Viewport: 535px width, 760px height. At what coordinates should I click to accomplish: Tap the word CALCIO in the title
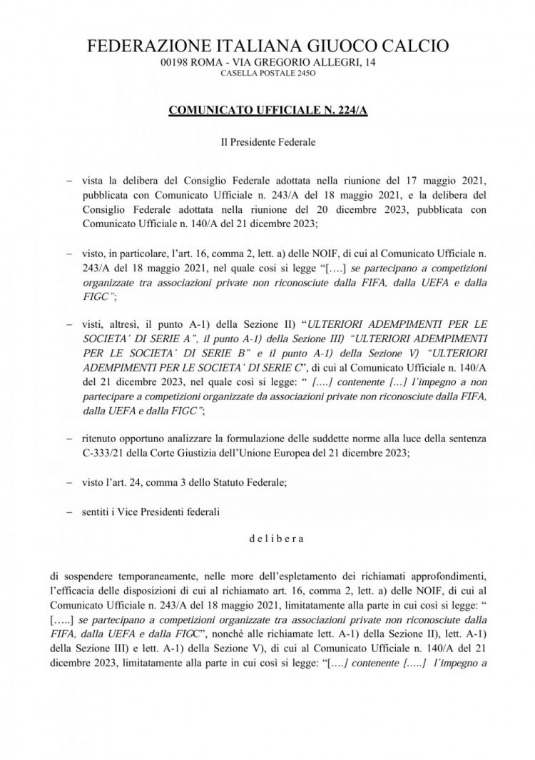[x=414, y=47]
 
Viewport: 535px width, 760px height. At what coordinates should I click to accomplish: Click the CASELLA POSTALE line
[x=267, y=74]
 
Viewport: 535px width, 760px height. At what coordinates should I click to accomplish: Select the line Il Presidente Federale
[x=267, y=141]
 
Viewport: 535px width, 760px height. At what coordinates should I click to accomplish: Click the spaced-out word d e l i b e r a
[x=275, y=539]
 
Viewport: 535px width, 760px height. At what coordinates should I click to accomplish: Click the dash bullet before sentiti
[x=69, y=511]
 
